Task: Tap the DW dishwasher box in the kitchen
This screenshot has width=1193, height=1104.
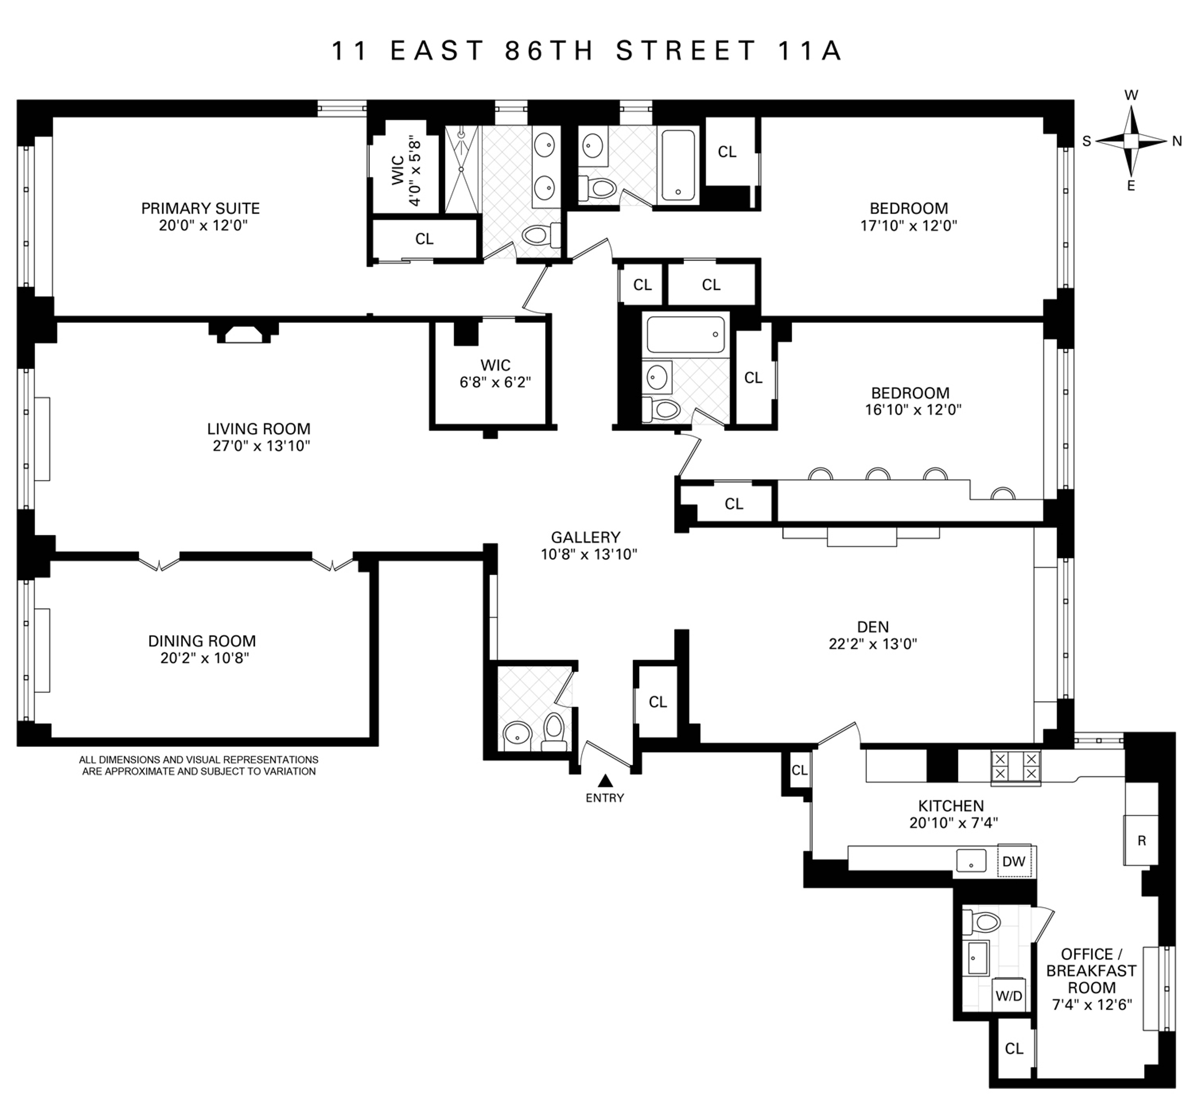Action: [1014, 861]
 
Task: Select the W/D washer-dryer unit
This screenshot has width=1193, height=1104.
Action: [1009, 996]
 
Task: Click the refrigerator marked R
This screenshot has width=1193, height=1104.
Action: [1141, 841]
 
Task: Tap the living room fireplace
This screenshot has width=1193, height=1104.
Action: [243, 333]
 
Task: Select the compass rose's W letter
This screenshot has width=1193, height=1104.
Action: [1131, 95]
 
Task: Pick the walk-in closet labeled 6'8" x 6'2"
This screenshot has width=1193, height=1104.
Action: [495, 374]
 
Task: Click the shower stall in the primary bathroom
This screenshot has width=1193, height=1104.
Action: [462, 169]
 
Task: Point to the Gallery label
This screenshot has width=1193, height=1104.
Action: [585, 537]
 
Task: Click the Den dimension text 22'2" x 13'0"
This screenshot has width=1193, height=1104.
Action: [873, 644]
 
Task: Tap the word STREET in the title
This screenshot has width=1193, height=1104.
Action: [686, 51]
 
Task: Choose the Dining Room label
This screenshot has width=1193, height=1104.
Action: [202, 641]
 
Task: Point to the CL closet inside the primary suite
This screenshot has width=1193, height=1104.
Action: [424, 239]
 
